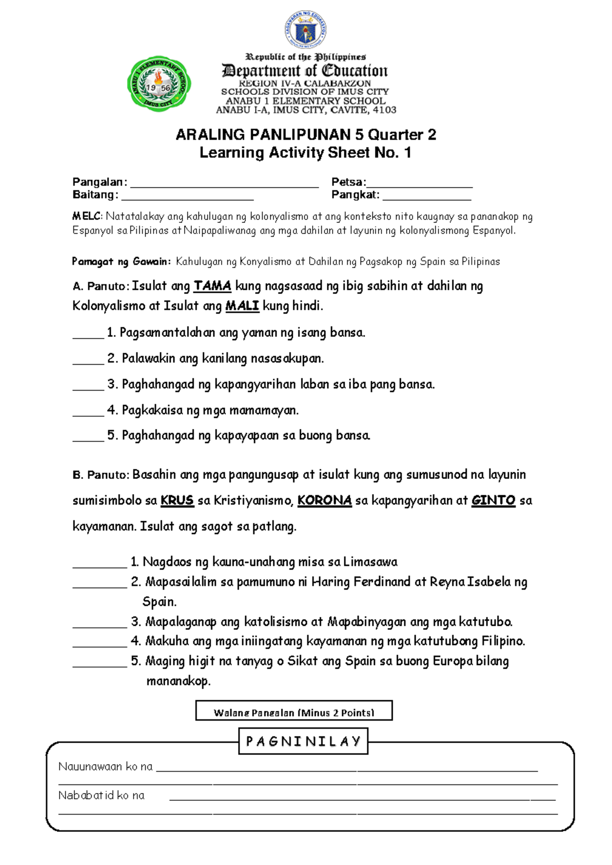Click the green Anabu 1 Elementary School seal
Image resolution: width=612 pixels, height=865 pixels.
(159, 84)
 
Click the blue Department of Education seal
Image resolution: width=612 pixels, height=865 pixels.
(305, 30)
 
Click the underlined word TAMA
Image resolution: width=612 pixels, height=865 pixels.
(212, 286)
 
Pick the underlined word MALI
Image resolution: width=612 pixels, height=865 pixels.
(242, 306)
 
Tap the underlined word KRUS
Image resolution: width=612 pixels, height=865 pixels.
(177, 500)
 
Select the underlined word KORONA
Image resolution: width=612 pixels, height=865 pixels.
(324, 500)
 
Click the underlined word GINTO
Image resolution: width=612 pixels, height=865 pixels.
(493, 500)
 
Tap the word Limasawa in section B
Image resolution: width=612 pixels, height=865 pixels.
(370, 562)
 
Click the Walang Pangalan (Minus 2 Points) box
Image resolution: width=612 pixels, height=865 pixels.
(294, 711)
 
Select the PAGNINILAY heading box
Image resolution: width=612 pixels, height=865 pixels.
(303, 742)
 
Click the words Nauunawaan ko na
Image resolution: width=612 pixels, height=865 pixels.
(106, 767)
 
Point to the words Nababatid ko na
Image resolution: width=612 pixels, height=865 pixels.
(101, 796)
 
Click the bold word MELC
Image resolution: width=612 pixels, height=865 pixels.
(87, 217)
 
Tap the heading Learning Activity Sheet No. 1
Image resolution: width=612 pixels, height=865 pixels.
(305, 152)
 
